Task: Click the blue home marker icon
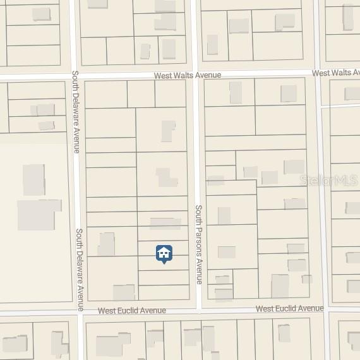(x=164, y=253)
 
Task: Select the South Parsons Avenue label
(x=198, y=244)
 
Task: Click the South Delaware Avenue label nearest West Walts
(x=76, y=112)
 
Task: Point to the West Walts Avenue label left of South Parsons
(x=189, y=75)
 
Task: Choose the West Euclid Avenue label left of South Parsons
(x=132, y=311)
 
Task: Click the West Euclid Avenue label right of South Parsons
(x=290, y=309)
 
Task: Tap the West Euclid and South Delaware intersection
(x=80, y=313)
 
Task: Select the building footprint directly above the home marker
(x=165, y=224)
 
